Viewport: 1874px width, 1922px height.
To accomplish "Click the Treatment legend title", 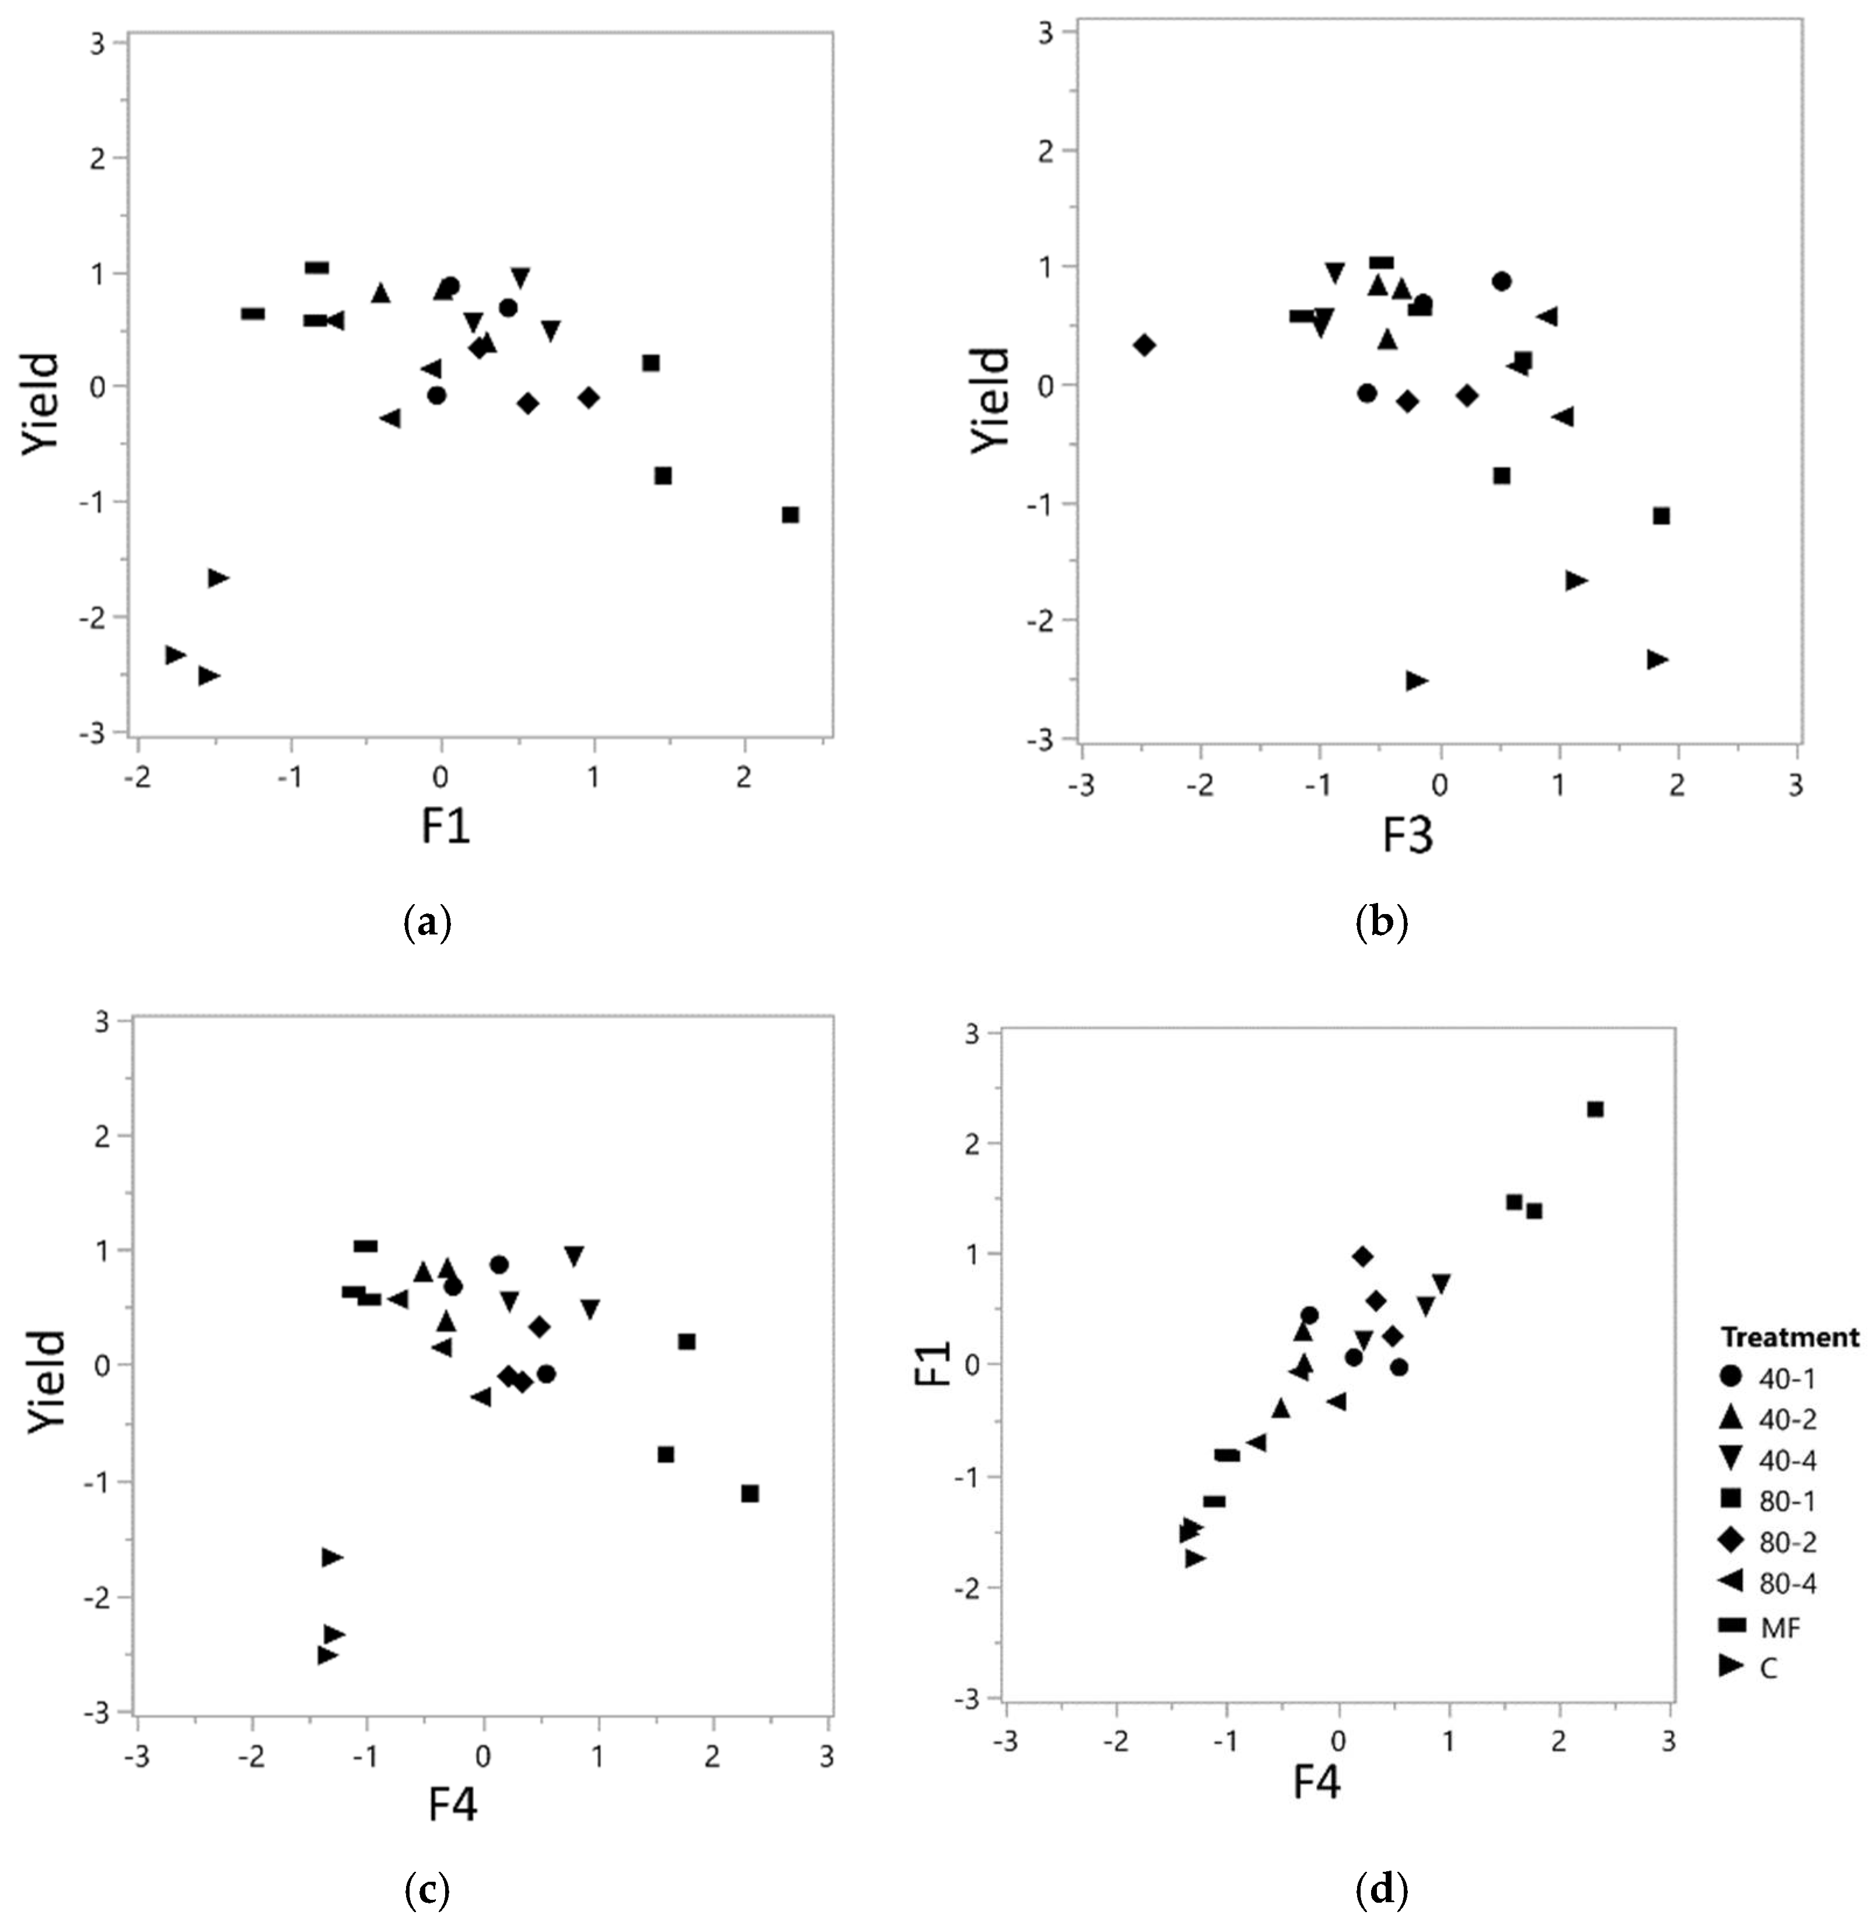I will [x=1789, y=1338].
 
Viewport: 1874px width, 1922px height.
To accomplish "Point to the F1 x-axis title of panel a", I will [x=446, y=826].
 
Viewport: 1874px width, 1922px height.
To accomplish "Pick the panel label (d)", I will [x=1382, y=1889].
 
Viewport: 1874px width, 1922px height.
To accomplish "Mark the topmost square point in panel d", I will [x=1596, y=1109].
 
